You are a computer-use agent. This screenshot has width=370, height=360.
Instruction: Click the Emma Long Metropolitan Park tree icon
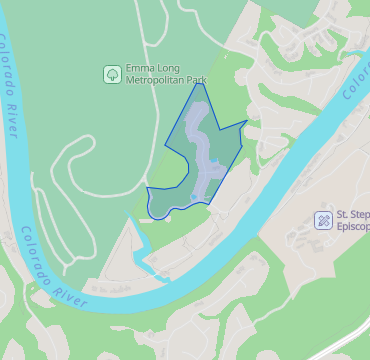[x=112, y=73]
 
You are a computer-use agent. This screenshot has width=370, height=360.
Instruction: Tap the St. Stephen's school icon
[x=323, y=219]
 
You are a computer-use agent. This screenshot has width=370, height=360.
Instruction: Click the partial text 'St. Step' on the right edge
[x=352, y=213]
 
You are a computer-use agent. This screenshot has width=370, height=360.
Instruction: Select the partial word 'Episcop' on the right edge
[x=352, y=226]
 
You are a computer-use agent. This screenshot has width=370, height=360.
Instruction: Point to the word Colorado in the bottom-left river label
[x=37, y=259]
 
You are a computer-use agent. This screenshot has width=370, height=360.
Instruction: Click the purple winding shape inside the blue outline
[x=204, y=150]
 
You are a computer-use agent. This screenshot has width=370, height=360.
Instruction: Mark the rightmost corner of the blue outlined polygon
[x=246, y=122]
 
